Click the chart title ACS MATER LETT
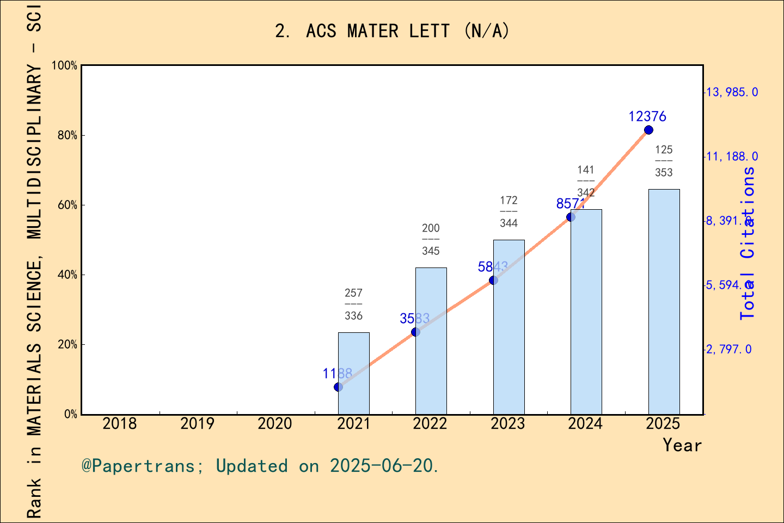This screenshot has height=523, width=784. coord(392,31)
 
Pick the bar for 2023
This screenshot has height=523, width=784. coord(509,327)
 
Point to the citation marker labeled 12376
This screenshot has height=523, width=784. coord(648,130)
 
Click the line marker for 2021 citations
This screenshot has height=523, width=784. coord(338,387)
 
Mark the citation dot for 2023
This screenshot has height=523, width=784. coord(493,280)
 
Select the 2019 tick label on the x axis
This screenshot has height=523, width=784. coord(197,424)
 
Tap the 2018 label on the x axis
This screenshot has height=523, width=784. coord(120,424)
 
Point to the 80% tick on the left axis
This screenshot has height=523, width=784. coord(68,136)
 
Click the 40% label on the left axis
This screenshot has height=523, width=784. coord(68,275)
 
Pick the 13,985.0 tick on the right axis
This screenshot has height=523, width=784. coord(732,92)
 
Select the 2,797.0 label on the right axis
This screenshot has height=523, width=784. coord(728,349)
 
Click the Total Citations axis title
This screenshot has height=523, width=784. coord(748,243)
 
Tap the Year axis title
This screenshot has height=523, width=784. coord(682,446)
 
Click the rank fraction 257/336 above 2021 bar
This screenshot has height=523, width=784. coord(353,305)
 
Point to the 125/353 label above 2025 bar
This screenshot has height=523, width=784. coord(664,161)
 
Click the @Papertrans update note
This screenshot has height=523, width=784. coord(260,466)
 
